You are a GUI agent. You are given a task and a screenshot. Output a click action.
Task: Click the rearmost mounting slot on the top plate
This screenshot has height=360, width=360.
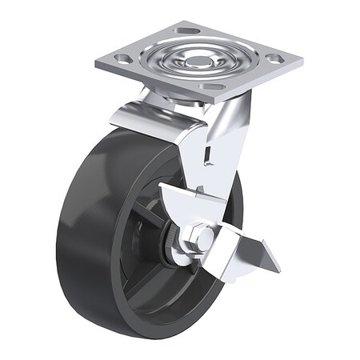[188, 30]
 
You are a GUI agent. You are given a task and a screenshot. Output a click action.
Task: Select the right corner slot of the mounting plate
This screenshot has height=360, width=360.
[274, 58]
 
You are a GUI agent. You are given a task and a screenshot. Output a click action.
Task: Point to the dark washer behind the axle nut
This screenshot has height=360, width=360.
[171, 244]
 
